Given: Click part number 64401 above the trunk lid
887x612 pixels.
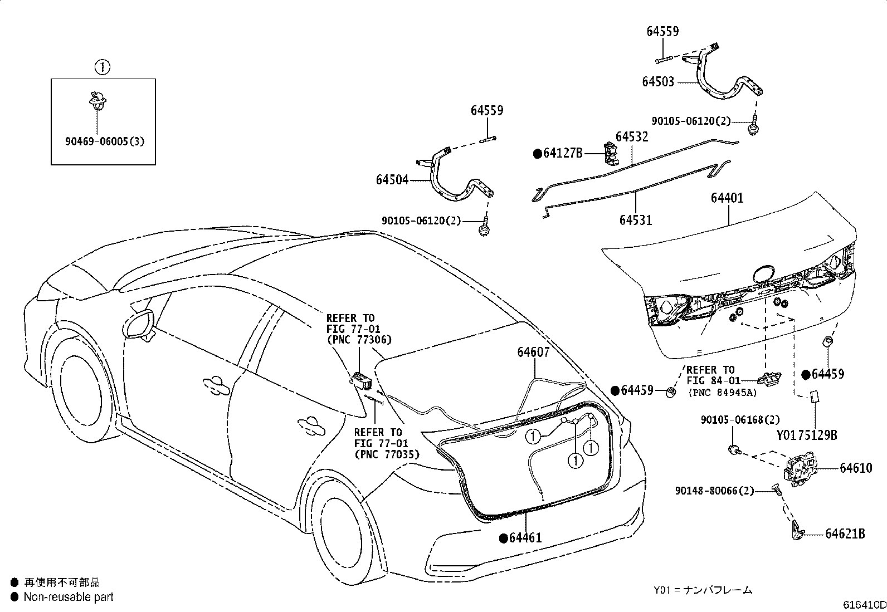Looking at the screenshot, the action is [x=727, y=198].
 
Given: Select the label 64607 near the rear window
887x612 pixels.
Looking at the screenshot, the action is [x=533, y=352].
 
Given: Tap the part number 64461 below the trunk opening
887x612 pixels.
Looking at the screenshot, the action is [x=525, y=537].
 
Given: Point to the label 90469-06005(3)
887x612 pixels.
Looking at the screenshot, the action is [x=105, y=141].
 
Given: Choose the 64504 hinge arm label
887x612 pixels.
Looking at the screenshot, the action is [x=392, y=180].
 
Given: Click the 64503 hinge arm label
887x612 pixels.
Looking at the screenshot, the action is [x=657, y=81].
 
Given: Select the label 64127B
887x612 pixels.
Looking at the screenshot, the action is [x=563, y=153].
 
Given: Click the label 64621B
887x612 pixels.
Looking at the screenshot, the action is [x=845, y=533].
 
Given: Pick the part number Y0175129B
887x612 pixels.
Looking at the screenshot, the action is [x=807, y=435].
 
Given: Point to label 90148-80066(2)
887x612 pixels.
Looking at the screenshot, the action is [x=714, y=491].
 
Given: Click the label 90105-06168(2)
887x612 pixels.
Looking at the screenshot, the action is [x=740, y=420].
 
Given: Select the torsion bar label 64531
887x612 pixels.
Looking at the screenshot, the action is [x=636, y=220].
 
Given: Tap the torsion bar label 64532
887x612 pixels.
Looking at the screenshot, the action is [x=632, y=136].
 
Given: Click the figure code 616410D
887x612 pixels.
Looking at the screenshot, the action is [x=864, y=604].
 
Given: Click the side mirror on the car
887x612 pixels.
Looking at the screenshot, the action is [x=139, y=325].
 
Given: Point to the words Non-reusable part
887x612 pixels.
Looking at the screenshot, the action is [x=69, y=596].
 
